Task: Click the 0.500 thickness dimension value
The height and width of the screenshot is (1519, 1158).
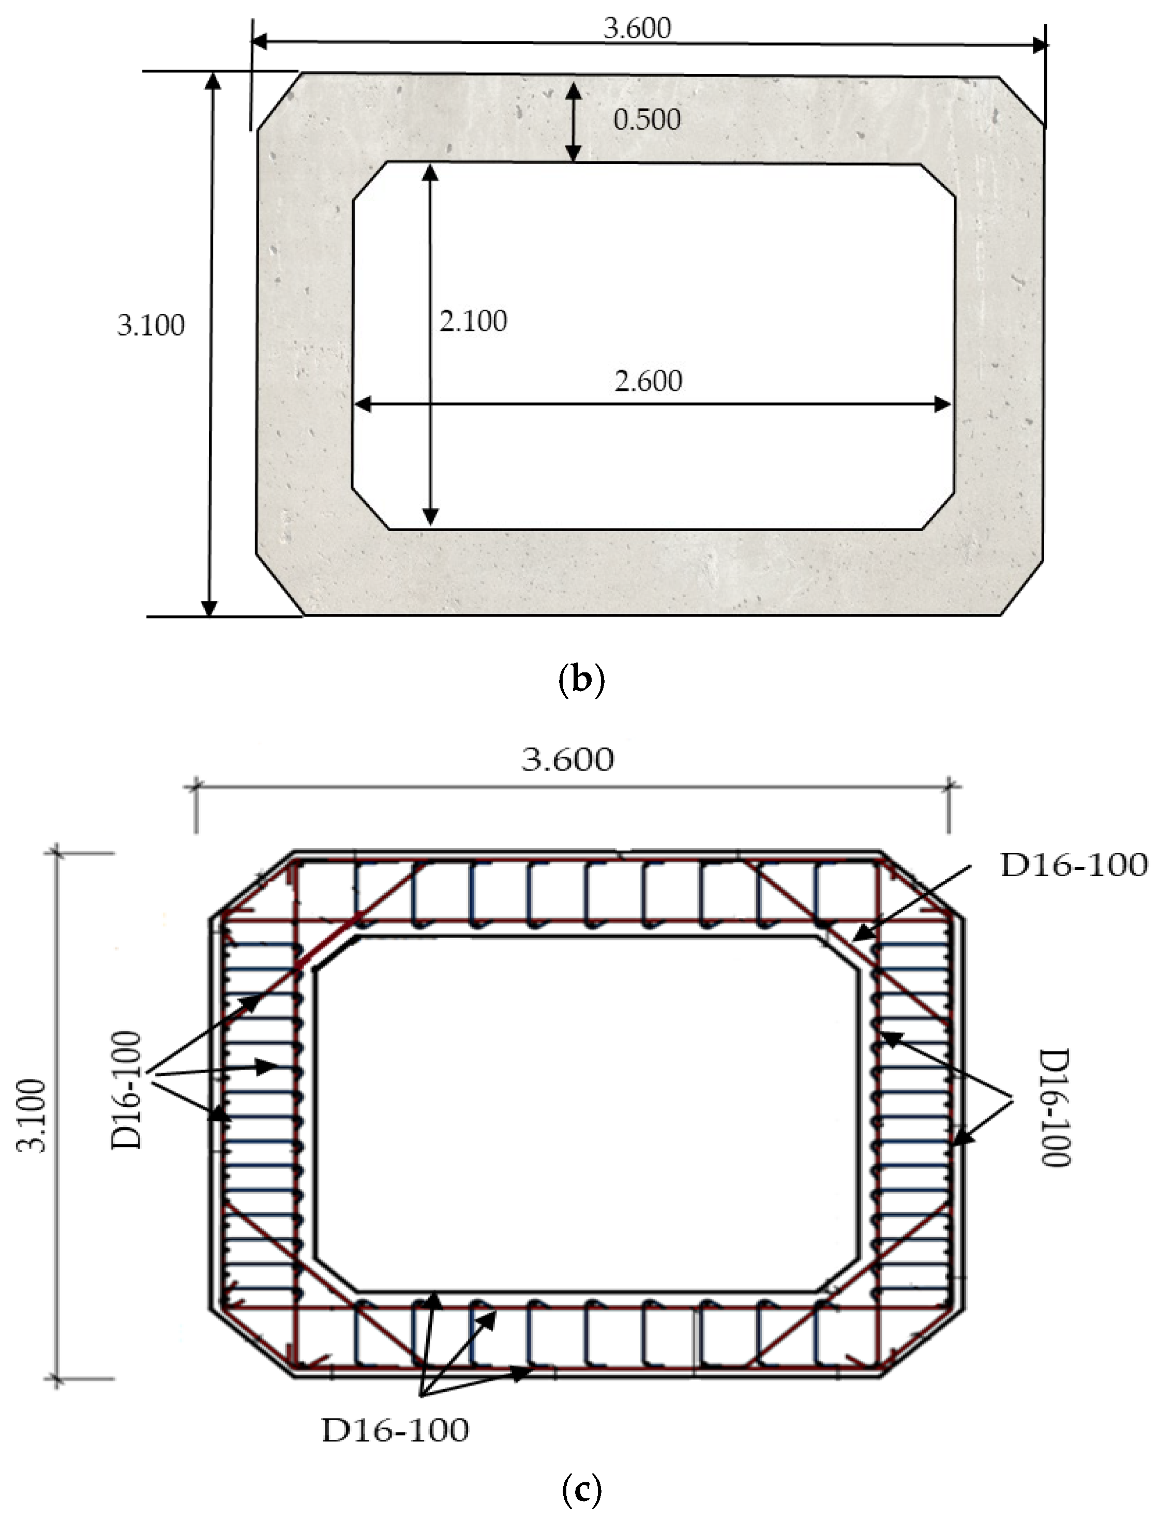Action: click(646, 120)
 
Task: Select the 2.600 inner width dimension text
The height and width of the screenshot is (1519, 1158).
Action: click(648, 381)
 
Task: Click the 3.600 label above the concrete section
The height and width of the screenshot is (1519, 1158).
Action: click(637, 28)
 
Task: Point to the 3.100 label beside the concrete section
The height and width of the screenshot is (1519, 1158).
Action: click(151, 325)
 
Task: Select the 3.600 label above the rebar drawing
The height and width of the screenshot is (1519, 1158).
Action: click(567, 759)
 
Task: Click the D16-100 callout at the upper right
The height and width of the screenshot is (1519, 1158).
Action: click(1073, 865)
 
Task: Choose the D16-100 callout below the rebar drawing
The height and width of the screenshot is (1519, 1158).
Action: click(395, 1431)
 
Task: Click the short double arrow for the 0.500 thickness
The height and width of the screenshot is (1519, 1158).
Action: click(572, 122)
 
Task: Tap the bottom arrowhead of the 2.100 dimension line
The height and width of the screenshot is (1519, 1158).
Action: click(430, 516)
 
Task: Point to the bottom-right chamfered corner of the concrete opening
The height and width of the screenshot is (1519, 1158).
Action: click(939, 510)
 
